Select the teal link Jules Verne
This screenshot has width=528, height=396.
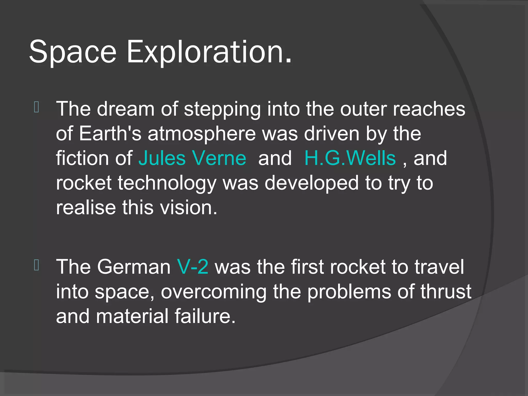pos(192,158)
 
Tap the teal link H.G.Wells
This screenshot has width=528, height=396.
pos(350,158)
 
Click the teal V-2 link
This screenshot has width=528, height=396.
pos(193,267)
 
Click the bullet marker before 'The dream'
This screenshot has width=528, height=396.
pos(36,108)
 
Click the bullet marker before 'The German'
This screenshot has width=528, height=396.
pos(36,265)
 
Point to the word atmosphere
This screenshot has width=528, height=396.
pos(202,134)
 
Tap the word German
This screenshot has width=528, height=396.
pos(134,267)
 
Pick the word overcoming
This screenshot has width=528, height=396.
pos(214,292)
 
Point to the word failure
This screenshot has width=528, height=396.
pos(205,316)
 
